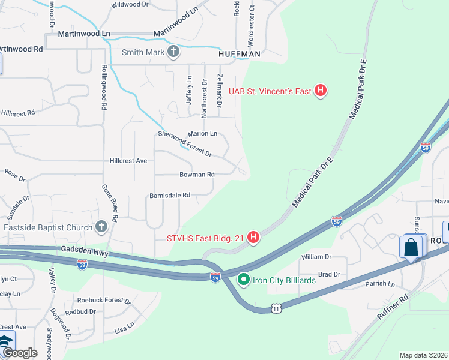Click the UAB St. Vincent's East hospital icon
click(x=321, y=91)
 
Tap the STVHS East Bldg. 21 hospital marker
click(x=253, y=238)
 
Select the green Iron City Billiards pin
click(x=244, y=279)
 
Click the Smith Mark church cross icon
click(x=173, y=52)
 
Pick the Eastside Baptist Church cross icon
click(x=101, y=227)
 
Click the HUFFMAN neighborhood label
click(x=239, y=54)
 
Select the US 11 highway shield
click(x=276, y=308)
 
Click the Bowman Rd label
click(x=197, y=175)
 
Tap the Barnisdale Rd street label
click(x=170, y=195)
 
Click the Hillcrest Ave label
click(x=128, y=161)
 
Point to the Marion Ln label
click(x=202, y=134)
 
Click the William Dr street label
click(x=316, y=256)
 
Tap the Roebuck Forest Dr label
click(x=104, y=300)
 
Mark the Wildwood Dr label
click(x=130, y=4)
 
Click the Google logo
click(x=20, y=353)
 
